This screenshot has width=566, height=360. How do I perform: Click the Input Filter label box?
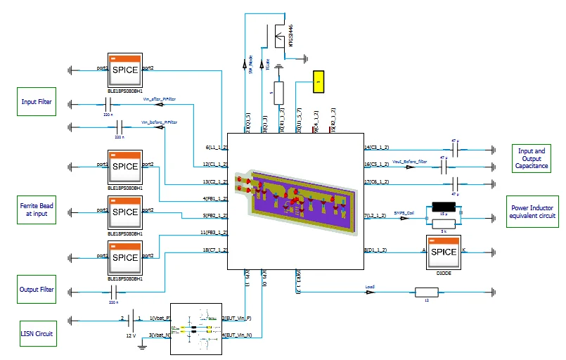pos(37,102)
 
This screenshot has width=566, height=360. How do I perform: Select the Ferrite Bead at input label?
pos(37,209)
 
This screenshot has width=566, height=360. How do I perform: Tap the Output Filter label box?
pos(37,289)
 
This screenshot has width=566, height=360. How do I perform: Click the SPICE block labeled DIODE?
pos(443,252)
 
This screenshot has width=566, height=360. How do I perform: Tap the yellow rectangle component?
pos(318,82)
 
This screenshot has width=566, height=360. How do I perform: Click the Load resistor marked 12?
pos(427,292)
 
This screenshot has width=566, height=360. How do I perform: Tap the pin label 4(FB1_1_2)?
pos(213,198)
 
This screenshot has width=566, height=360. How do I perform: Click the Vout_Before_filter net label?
pos(410,161)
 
